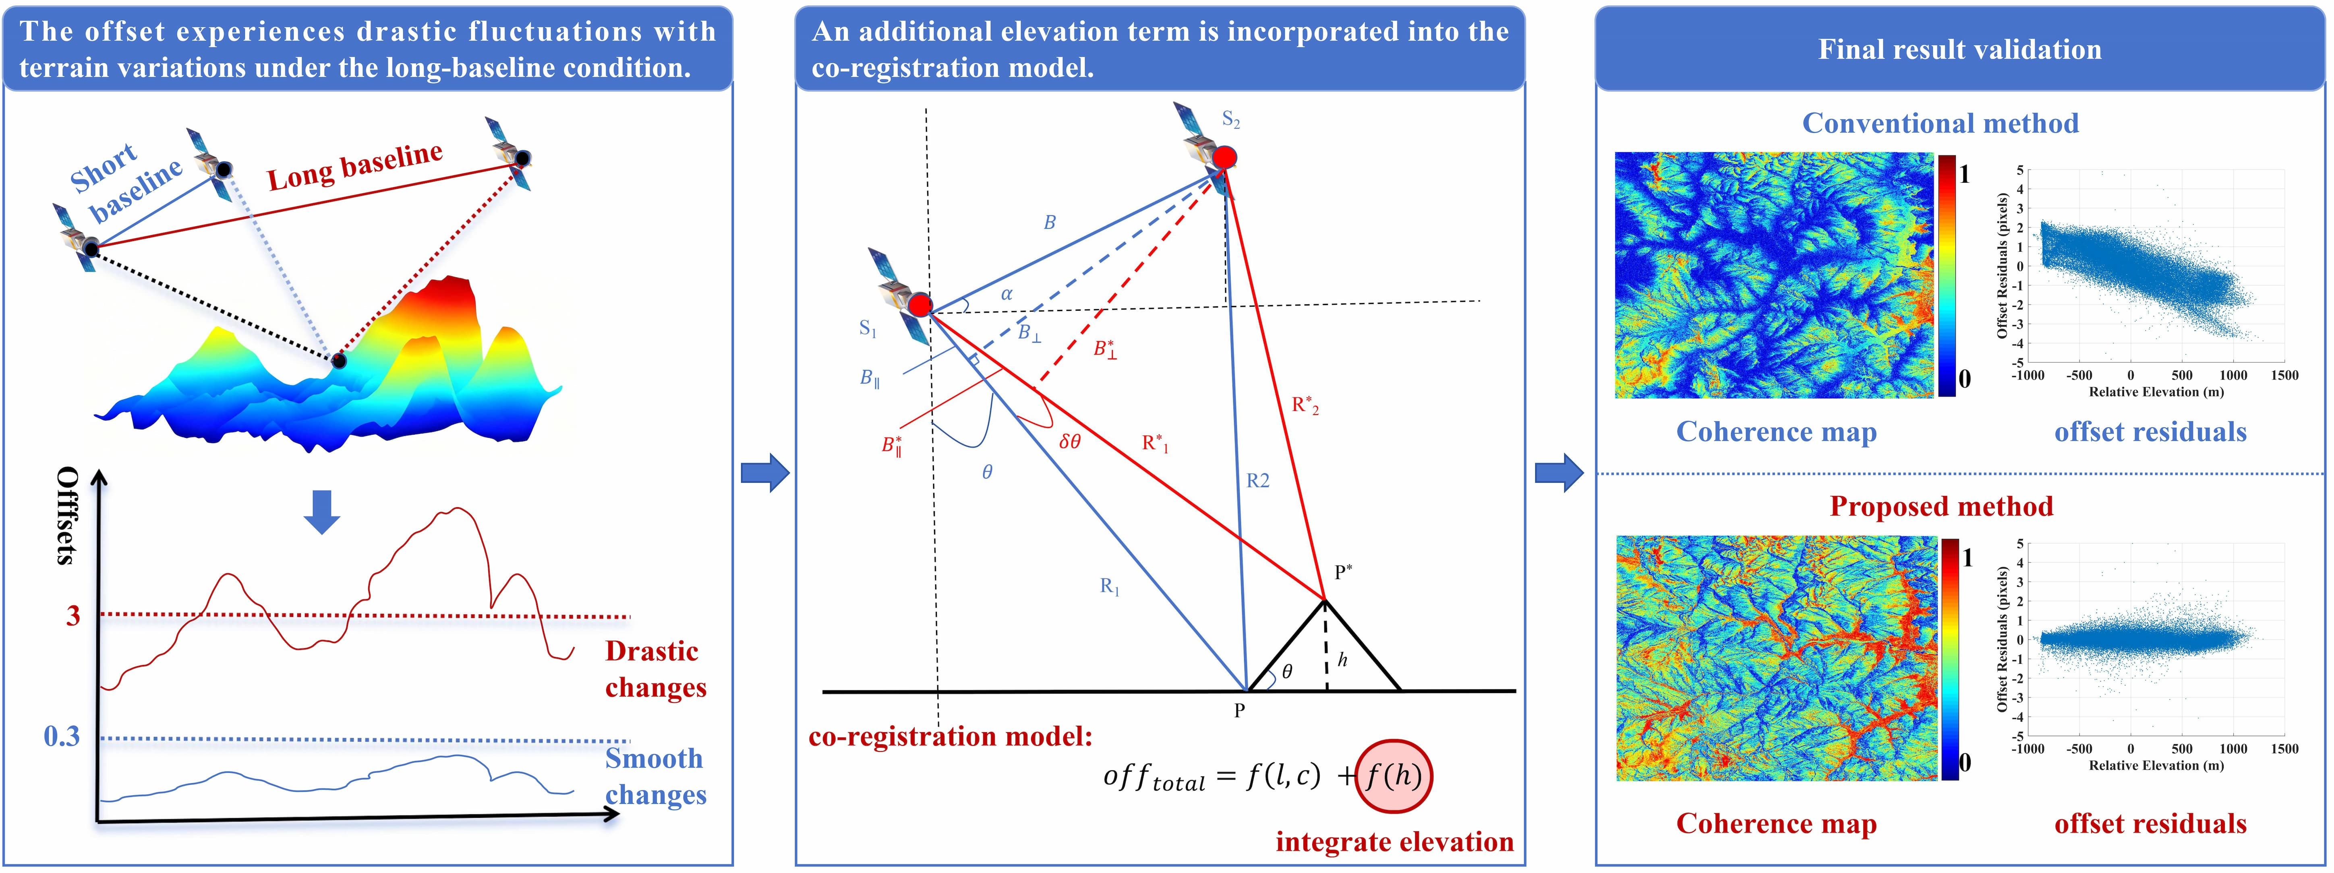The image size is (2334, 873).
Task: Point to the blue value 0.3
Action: (x=62, y=736)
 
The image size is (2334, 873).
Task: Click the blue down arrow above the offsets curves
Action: (x=322, y=512)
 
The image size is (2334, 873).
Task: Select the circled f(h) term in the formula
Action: (x=1394, y=776)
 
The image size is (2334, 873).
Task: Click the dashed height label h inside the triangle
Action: (x=1342, y=660)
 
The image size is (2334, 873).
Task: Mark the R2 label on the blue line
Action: (x=1257, y=481)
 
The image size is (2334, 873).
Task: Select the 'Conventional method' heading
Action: (x=1940, y=123)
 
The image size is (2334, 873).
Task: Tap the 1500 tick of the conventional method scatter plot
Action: (x=2284, y=375)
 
